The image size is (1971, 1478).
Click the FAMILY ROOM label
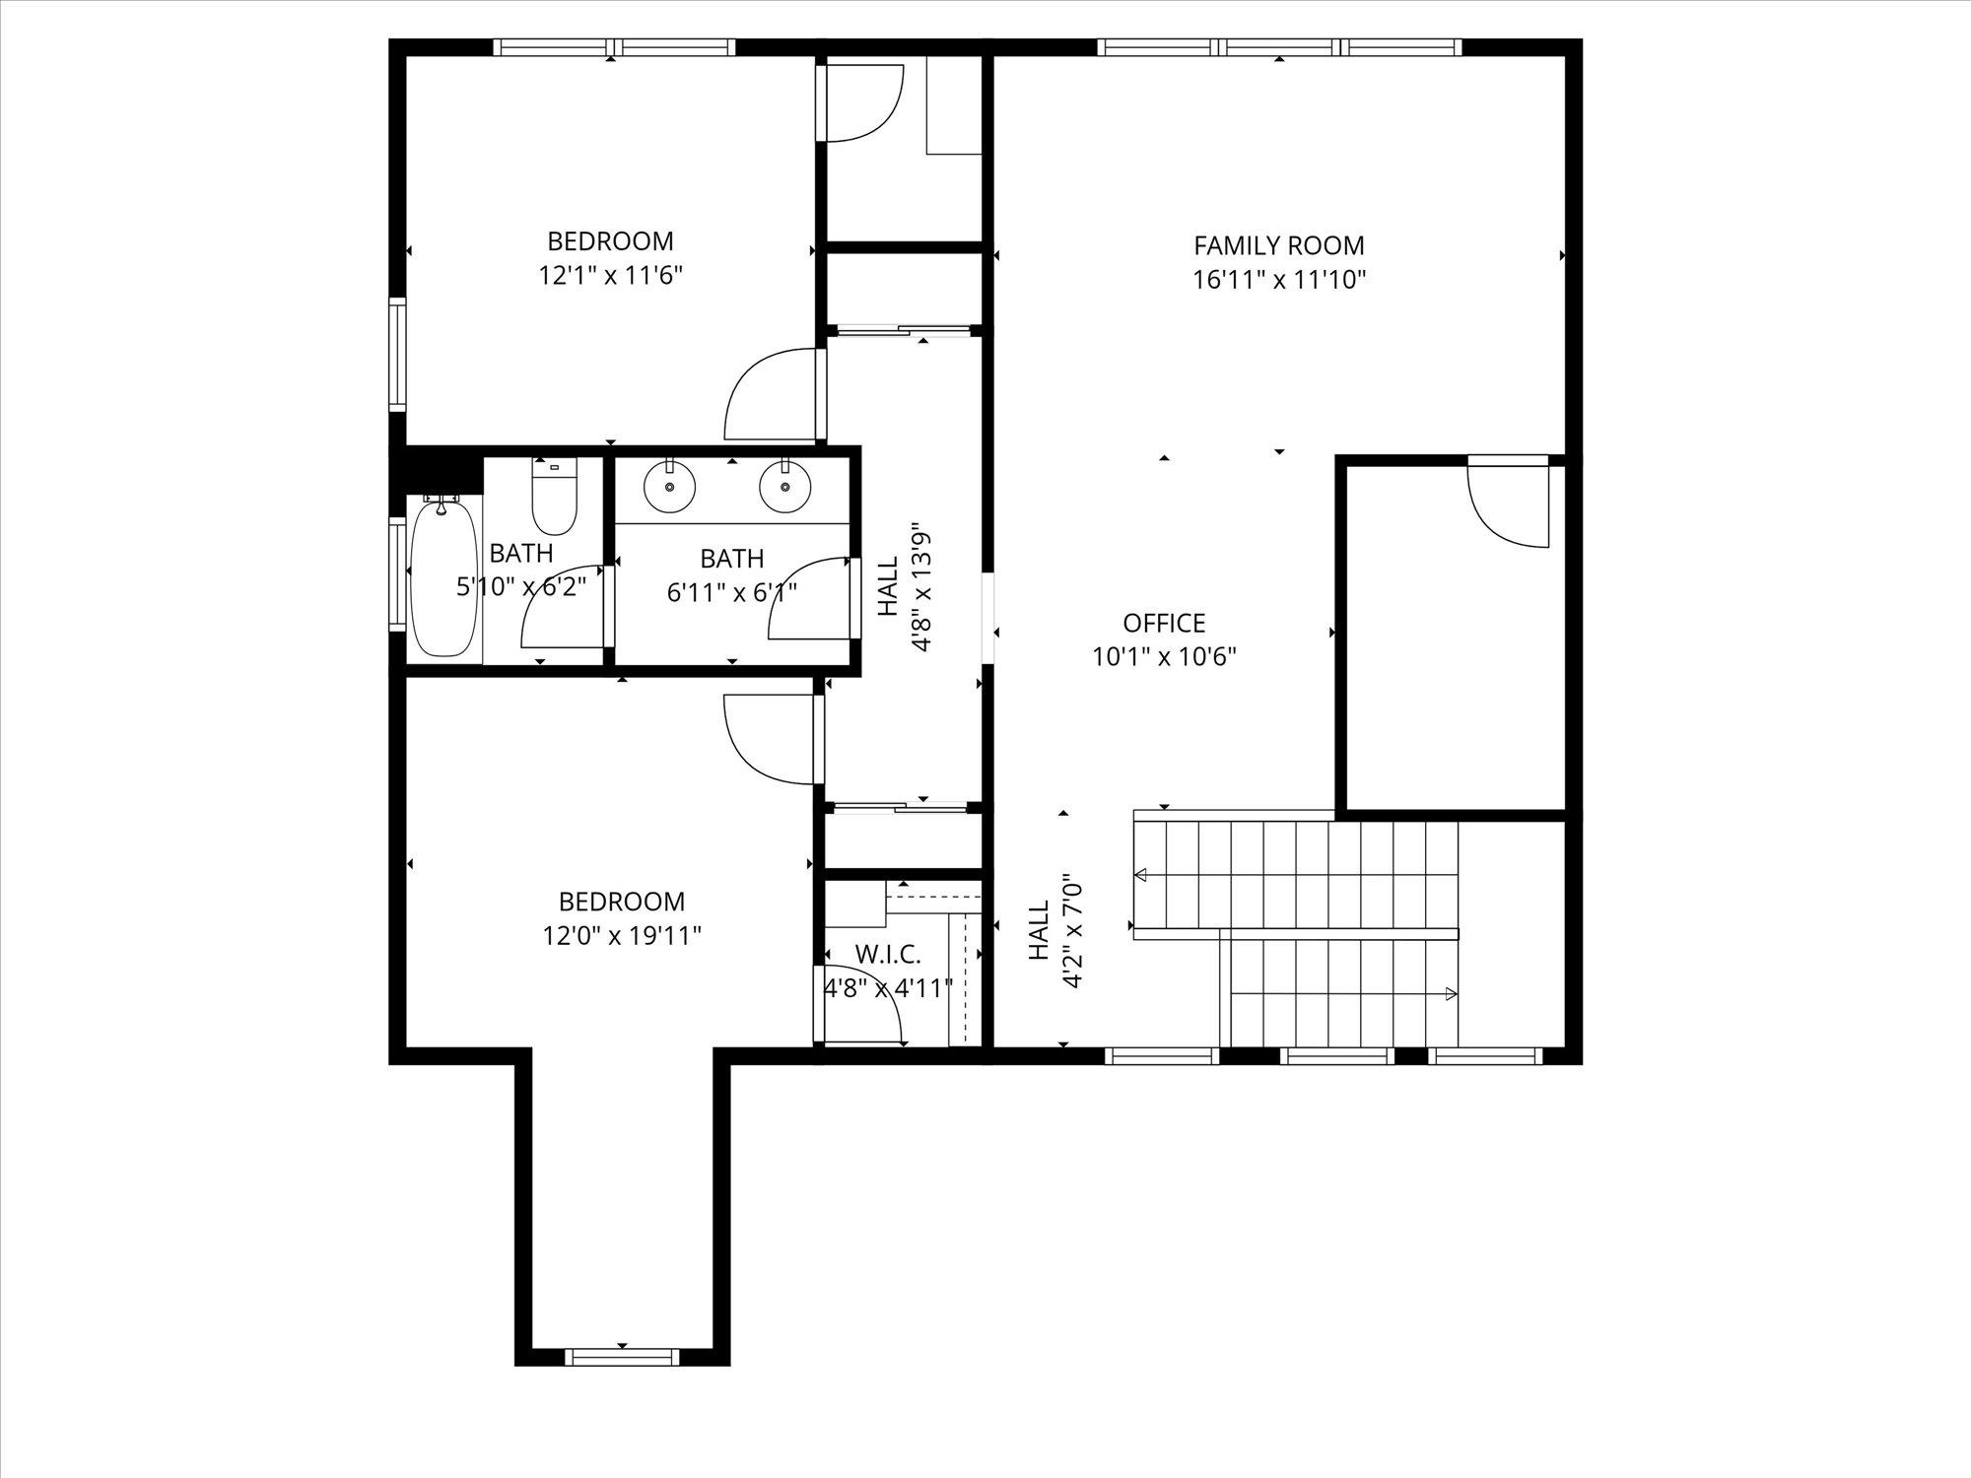click(1279, 245)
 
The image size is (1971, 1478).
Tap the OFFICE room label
click(1164, 623)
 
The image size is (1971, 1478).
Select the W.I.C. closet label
click(888, 954)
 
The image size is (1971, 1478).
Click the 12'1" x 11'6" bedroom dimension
click(611, 274)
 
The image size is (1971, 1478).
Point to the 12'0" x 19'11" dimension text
click(622, 934)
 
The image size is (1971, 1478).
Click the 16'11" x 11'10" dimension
click(1279, 279)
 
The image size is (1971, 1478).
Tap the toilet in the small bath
click(554, 497)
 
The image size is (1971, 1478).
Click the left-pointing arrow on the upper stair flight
click(1142, 874)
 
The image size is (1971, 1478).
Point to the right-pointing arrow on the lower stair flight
click(1451, 994)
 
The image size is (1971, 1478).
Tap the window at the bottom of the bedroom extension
click(623, 1357)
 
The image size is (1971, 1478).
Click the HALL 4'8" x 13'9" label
click(906, 588)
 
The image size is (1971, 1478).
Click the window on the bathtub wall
click(397, 573)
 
